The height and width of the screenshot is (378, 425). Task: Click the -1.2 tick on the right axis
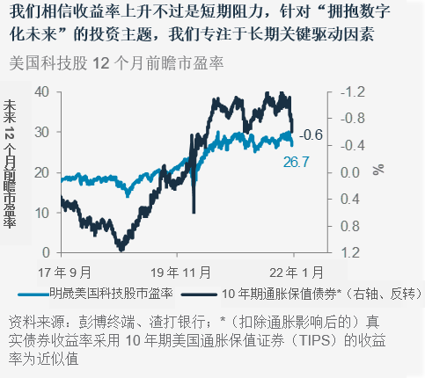[x=350, y=92]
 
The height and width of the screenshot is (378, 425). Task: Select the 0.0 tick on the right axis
[x=350, y=172]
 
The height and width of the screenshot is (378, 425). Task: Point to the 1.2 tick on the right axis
[x=350, y=252]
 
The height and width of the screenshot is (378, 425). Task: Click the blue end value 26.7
[x=297, y=162]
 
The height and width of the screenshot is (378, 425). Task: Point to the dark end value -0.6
[x=311, y=135]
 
